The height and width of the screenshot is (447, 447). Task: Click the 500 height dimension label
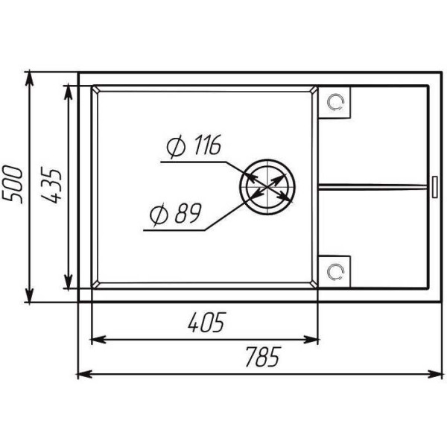click(x=12, y=185)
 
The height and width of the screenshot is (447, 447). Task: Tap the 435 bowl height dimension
click(x=51, y=185)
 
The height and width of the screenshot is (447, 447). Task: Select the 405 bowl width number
click(x=207, y=323)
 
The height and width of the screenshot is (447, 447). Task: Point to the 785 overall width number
click(x=264, y=357)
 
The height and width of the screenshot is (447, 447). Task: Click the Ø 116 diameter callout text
click(x=194, y=146)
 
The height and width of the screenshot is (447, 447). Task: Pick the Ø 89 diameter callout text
click(x=176, y=214)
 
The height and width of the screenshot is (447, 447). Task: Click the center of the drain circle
click(x=267, y=187)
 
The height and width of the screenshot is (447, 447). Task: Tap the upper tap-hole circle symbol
click(x=336, y=102)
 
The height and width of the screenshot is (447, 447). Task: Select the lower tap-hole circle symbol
click(x=336, y=272)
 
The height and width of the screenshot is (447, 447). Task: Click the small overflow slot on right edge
click(x=435, y=187)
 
